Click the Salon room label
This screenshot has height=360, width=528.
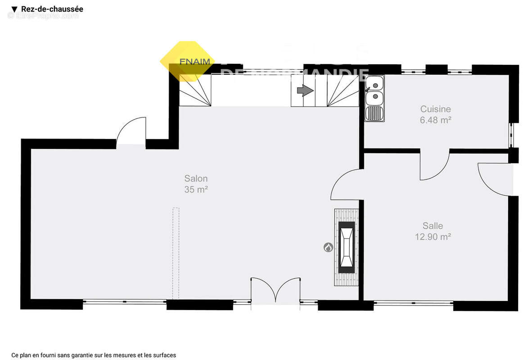click(196, 179)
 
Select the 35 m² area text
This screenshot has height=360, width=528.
click(196, 190)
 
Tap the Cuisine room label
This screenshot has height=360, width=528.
click(435, 109)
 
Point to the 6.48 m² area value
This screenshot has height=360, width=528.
click(435, 120)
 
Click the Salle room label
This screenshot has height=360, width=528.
click(433, 226)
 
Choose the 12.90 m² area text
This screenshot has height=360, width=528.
click(433, 237)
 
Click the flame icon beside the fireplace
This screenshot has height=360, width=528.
click(328, 247)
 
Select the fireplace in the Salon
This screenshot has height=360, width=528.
click(347, 247)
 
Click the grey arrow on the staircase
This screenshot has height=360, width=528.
click(305, 91)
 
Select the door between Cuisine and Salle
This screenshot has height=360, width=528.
click(434, 165)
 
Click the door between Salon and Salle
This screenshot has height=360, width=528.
click(345, 184)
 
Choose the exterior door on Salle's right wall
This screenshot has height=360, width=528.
click(495, 179)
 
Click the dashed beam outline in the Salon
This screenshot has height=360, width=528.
click(176, 253)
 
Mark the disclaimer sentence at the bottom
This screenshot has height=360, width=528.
click(94, 355)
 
